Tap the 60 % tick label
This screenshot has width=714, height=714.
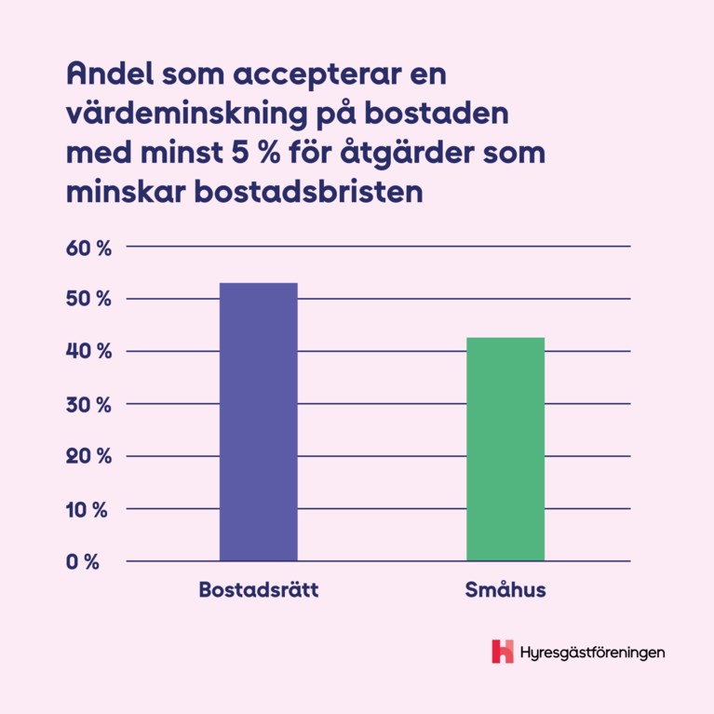[x=88, y=248]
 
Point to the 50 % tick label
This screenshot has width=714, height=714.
[x=88, y=300]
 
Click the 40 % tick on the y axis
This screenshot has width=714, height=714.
[x=88, y=352]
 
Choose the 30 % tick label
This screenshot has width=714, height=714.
[x=88, y=405]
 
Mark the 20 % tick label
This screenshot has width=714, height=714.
[x=88, y=457]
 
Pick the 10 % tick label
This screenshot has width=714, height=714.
[x=88, y=510]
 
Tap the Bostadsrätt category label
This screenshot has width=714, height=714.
[x=258, y=591]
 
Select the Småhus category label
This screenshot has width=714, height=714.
[x=505, y=591]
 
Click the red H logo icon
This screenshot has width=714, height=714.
[x=503, y=652]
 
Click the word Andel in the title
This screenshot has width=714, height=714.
[x=108, y=73]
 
